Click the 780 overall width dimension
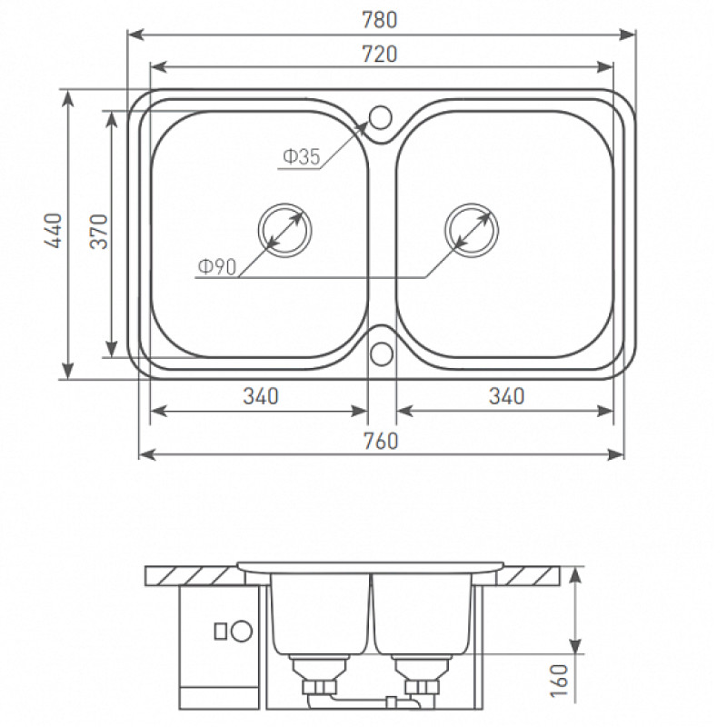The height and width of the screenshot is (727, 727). (380, 20)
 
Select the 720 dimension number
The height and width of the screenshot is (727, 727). (380, 55)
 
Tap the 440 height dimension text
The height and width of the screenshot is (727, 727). (53, 231)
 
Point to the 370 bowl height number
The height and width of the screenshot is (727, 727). (99, 232)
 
